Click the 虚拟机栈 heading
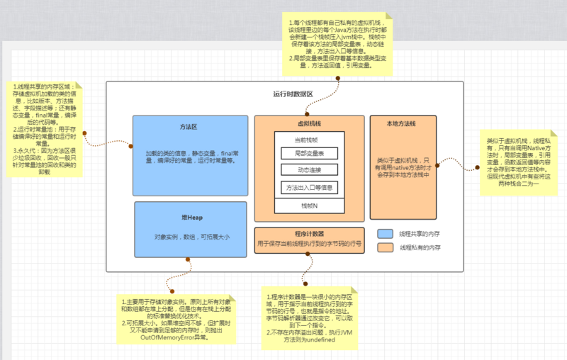310,123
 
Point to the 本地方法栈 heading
401,123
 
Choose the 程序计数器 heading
309,232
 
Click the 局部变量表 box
309,153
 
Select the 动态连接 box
309,170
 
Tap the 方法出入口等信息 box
309,188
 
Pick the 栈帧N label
309,206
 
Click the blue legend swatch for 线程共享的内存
386,234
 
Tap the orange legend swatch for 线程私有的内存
386,248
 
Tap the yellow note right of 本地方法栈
514,162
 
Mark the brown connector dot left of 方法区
84,133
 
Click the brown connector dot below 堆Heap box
189,259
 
